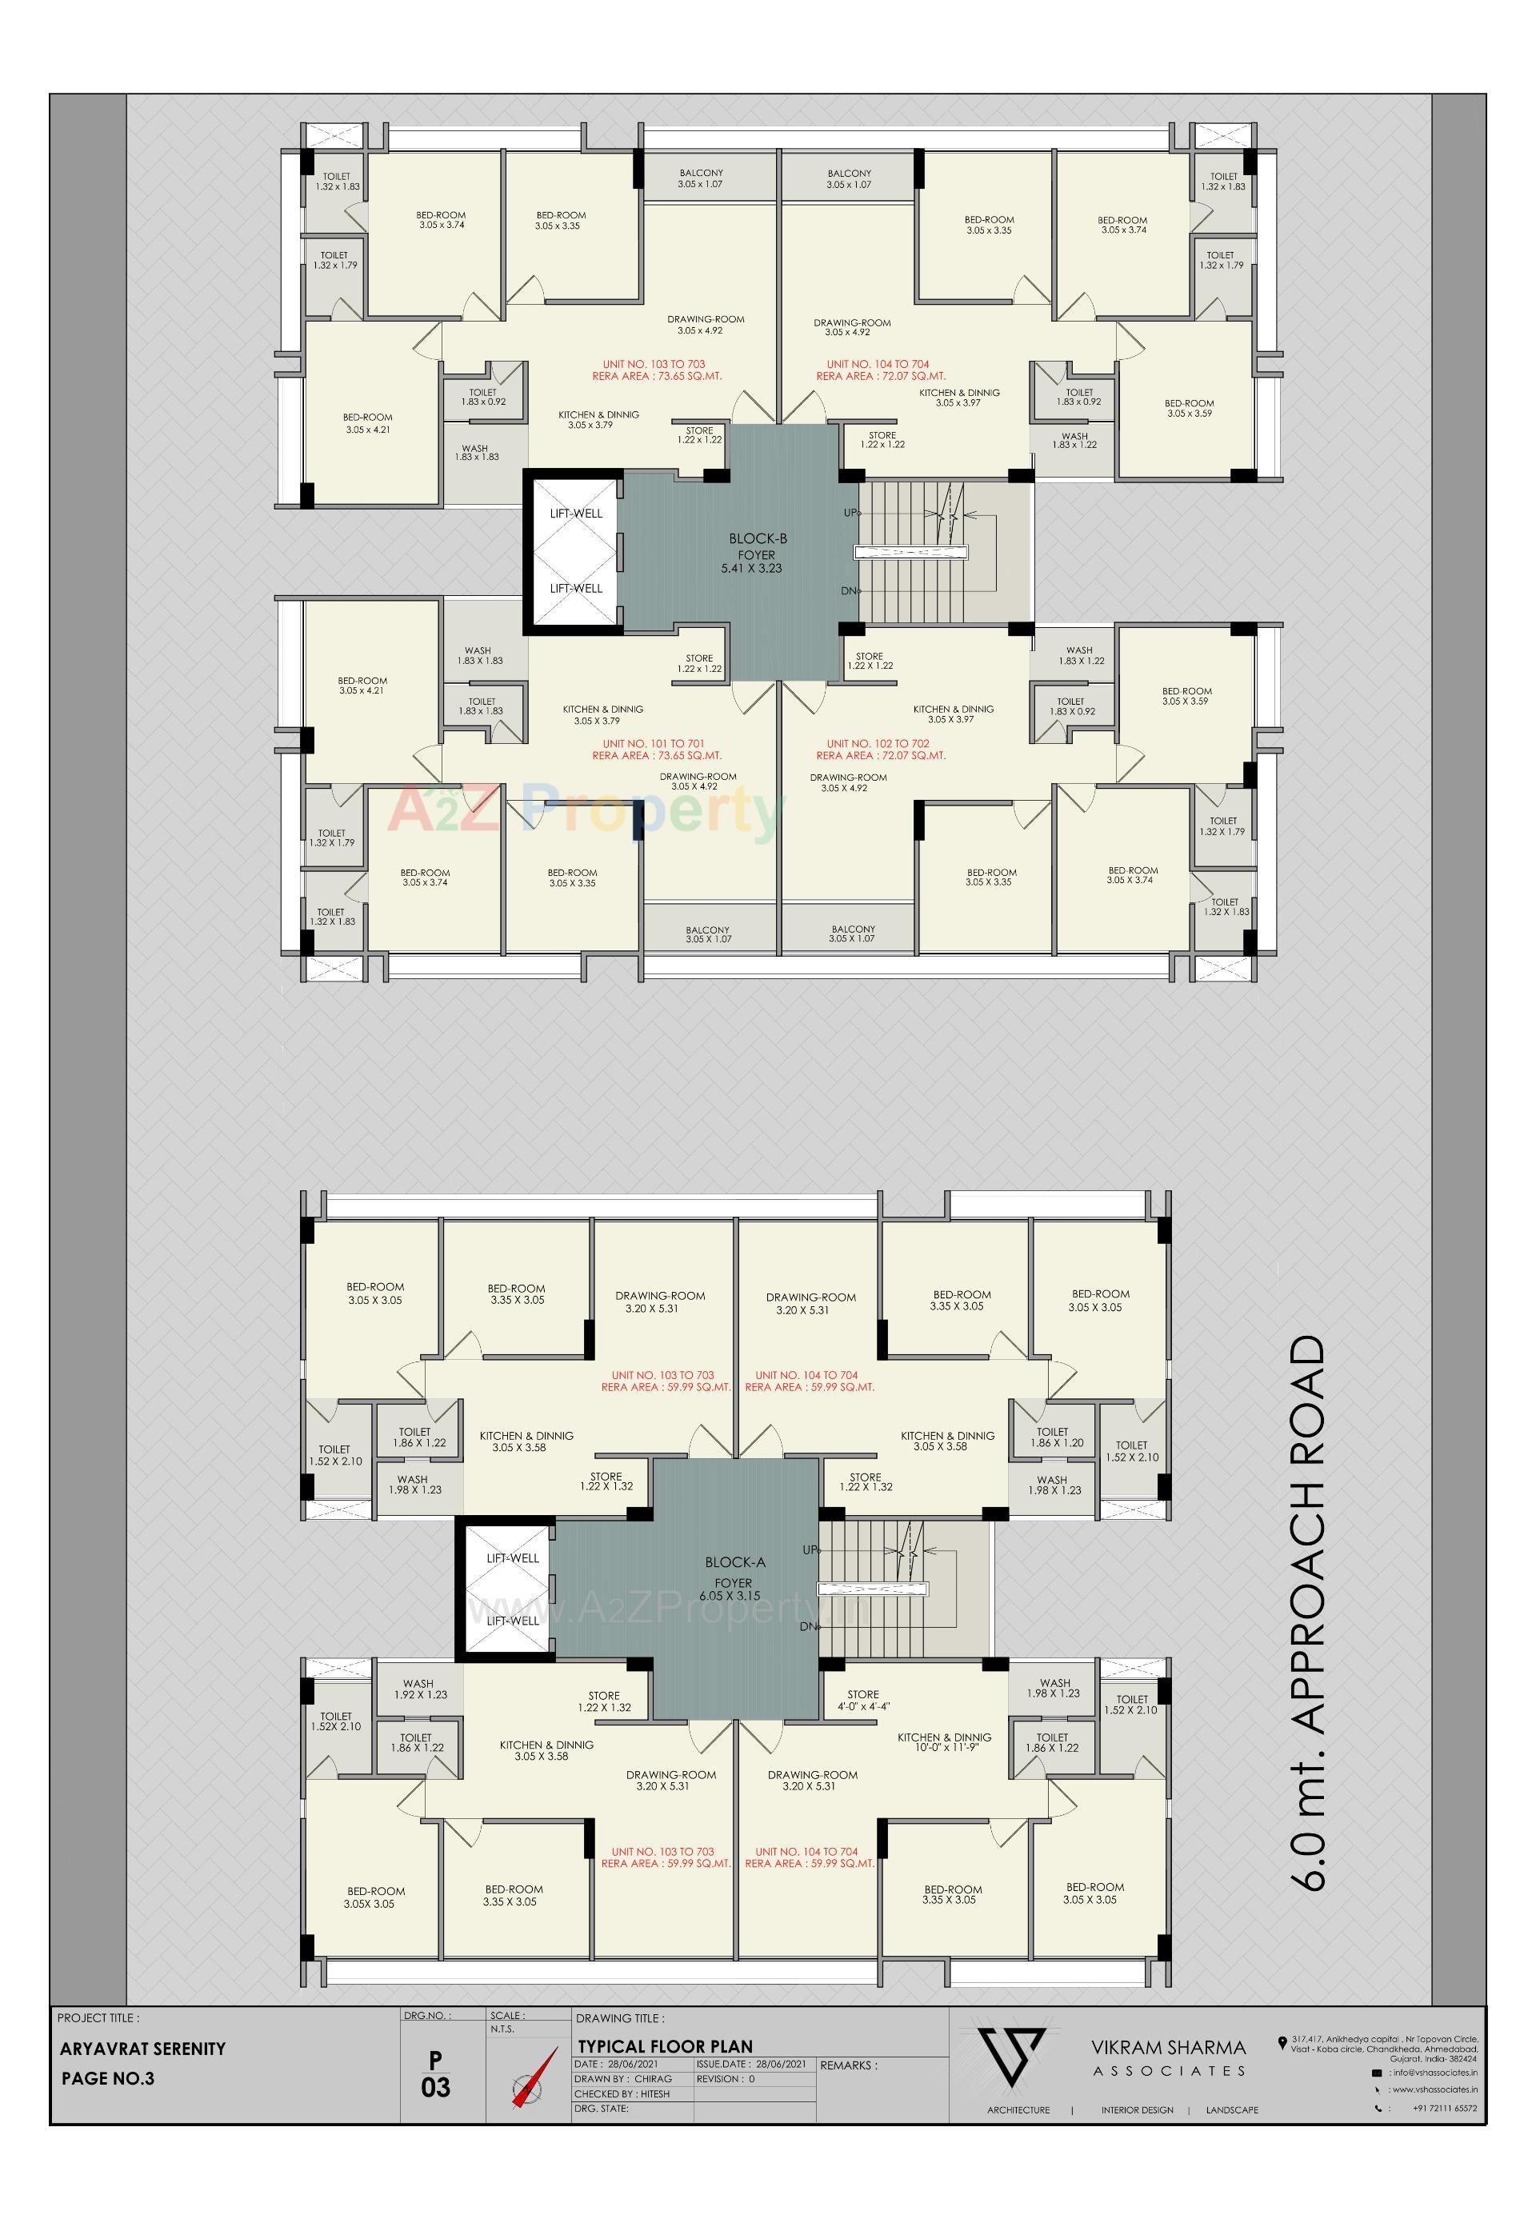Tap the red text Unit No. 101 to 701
[654, 744]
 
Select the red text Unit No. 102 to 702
[878, 744]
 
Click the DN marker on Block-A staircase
[810, 1626]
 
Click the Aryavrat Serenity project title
[142, 2049]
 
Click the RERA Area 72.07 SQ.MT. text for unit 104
[881, 376]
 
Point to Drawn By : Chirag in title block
[622, 2078]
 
